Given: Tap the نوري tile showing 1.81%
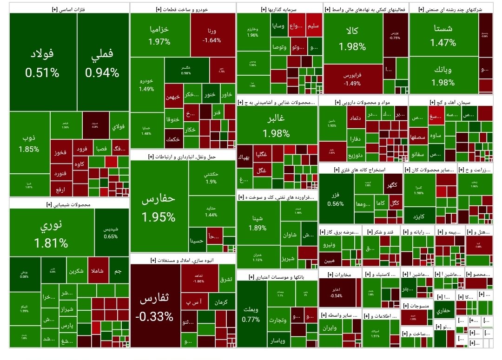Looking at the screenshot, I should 51,235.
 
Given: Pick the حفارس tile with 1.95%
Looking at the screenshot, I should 159,207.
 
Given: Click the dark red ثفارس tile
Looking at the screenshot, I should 154,307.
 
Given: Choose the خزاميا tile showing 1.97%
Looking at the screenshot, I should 159,35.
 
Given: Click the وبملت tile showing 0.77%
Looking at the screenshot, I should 251,314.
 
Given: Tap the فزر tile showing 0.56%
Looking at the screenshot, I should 336,197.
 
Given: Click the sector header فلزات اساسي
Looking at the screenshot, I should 68,8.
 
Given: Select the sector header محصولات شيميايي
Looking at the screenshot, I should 68,204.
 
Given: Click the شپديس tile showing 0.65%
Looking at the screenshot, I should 111,232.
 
